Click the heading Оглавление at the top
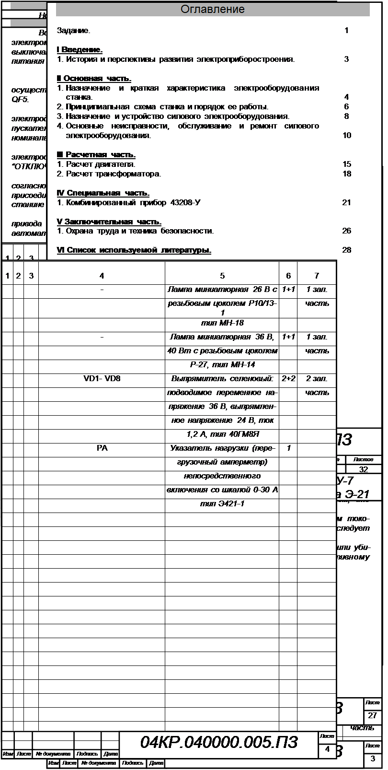coord(213,10)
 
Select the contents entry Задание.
coord(73,31)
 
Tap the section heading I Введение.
coord(80,50)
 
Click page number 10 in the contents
coord(347,136)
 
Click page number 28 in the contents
coord(347,250)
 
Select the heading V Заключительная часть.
coord(109,222)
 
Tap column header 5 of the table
coord(222,276)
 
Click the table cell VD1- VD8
coord(102,379)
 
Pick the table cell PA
coord(102,448)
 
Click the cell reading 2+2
coord(288,379)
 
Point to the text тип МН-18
coord(222,323)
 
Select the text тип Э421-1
coord(222,504)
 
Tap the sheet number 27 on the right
coord(372,716)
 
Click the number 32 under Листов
coord(364,470)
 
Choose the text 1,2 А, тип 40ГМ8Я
coord(222,434)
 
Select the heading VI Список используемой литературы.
coord(134,250)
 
